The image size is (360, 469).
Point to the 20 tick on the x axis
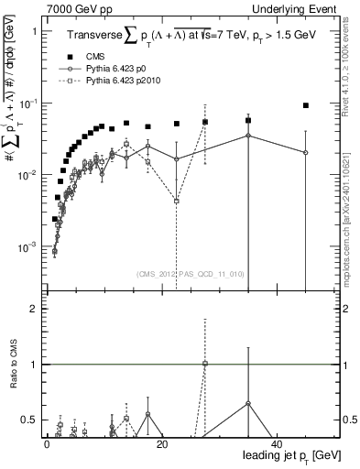point(161,444)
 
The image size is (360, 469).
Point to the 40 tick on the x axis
point(276,444)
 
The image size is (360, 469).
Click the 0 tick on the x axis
point(47,444)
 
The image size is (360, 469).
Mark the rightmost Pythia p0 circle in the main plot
point(305,152)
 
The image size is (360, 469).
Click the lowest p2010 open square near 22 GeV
point(176,200)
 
